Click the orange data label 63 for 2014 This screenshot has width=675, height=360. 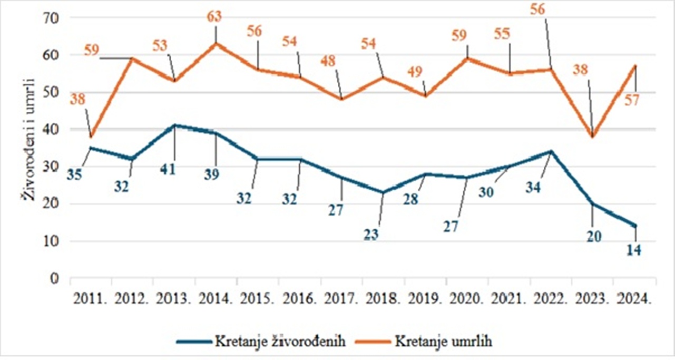tap(215, 16)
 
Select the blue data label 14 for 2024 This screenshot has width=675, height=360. tap(635, 250)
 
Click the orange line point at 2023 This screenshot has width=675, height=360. tap(593, 137)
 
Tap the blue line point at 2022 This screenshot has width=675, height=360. tap(551, 151)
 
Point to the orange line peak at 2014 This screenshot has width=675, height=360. tap(216, 43)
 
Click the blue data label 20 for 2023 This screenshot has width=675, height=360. tap(593, 237)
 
